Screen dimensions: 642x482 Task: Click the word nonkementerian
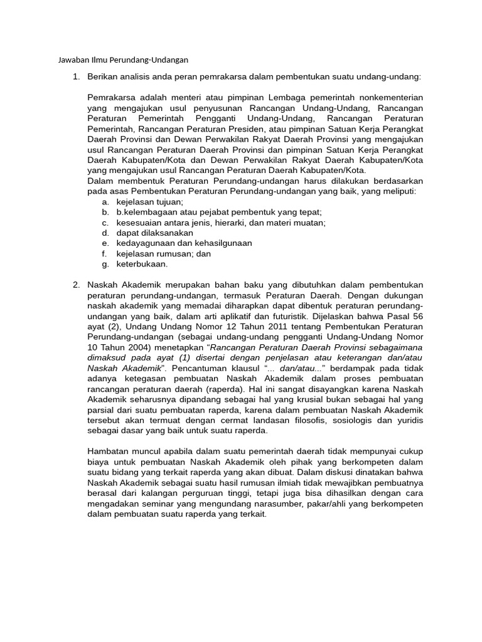(x=390, y=98)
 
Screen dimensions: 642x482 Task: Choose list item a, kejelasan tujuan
(x=149, y=202)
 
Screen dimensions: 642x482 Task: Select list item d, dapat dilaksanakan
(x=154, y=233)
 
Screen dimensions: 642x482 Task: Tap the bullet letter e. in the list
(x=104, y=243)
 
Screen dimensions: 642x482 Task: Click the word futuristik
(x=270, y=316)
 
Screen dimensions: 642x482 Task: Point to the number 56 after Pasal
(x=417, y=316)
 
